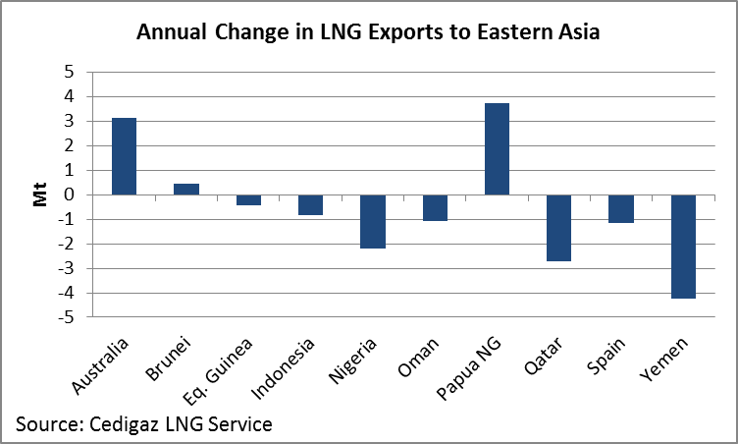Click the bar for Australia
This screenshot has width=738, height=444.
coord(124,156)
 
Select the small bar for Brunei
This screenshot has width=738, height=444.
coord(186,189)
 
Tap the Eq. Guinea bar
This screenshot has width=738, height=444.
coord(248,199)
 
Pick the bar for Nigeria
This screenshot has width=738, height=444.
coord(373,221)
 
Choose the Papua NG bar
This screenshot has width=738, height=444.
coord(497,148)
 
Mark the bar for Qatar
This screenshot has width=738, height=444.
coord(558,228)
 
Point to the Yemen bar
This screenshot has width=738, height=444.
coord(683,247)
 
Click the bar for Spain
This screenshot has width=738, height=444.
coord(621,208)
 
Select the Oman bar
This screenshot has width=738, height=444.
coord(435,207)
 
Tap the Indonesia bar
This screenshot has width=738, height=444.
coord(310,204)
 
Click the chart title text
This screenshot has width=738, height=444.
coord(368,31)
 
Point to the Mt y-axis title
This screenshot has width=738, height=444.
coord(40,194)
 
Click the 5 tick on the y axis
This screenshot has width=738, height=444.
coord(69,72)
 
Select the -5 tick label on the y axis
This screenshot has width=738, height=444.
coord(66,317)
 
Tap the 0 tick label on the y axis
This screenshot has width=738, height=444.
coord(69,194)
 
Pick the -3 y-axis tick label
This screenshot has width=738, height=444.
coord(66,268)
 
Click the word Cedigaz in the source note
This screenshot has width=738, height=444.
coord(119,424)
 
